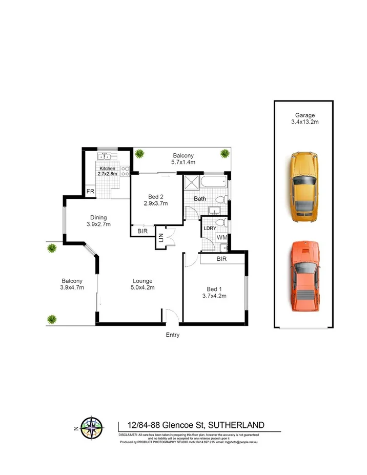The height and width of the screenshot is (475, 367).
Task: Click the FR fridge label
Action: [90, 192]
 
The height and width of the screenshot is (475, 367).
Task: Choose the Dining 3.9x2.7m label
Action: [98, 221]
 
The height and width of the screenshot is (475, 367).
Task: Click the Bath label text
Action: [200, 198]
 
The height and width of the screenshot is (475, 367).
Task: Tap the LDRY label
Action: [209, 228]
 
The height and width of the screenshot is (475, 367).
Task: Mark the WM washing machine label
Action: [222, 238]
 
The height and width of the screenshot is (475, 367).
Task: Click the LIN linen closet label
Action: [161, 238]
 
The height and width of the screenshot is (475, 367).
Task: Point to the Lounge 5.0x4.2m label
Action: [142, 284]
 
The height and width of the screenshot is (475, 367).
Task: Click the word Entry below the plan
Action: [172, 335]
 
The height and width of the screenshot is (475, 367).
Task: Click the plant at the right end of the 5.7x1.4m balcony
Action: [225, 153]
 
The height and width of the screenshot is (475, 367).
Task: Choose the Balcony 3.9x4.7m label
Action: [72, 284]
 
